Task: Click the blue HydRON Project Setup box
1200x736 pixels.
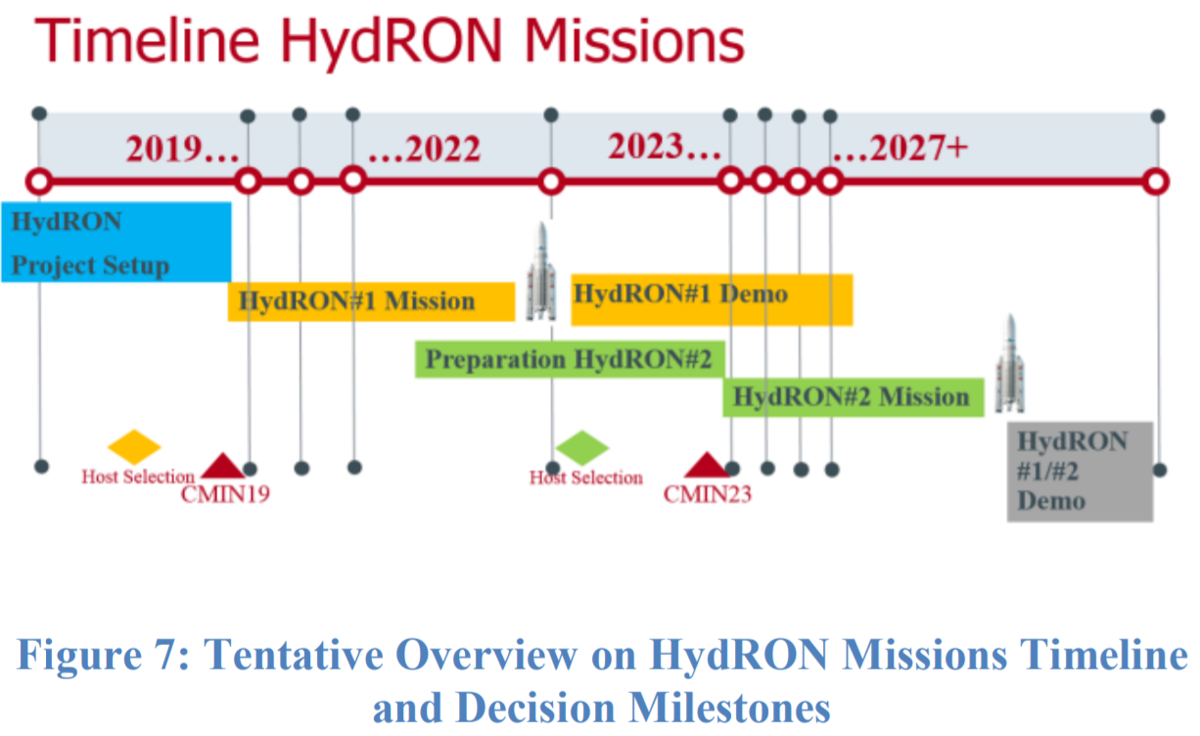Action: click(115, 242)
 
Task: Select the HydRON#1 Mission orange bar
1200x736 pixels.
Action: click(371, 301)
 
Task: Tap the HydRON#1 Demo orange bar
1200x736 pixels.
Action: click(712, 299)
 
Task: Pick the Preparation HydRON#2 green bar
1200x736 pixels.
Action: click(569, 359)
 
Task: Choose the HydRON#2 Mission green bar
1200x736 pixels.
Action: click(853, 397)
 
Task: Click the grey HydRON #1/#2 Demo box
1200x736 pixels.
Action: click(1080, 471)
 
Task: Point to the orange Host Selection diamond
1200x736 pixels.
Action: click(133, 446)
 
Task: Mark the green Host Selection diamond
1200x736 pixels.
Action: click(581, 447)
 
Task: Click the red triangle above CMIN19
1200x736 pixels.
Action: click(222, 465)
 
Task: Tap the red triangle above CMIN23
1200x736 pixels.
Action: click(706, 465)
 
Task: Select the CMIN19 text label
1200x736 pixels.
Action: click(225, 493)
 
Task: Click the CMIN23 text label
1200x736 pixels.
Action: click(708, 493)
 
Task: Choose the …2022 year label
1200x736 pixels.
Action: click(424, 150)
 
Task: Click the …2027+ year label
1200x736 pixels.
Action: click(900, 148)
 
